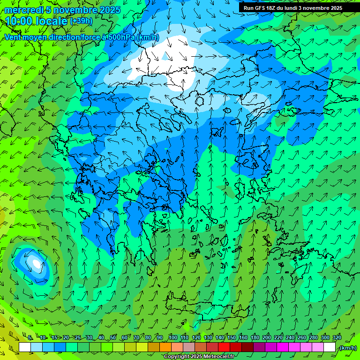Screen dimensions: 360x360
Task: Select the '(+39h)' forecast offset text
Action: [x=81, y=21]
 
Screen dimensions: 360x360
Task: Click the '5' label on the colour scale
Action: [x=30, y=338]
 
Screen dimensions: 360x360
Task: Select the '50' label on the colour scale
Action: [x=112, y=338]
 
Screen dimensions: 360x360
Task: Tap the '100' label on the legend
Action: [x=172, y=338]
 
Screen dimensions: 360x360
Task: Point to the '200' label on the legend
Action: [x=267, y=338]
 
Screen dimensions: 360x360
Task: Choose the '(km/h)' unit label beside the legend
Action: [x=348, y=348]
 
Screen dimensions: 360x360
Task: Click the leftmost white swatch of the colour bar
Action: [x=25, y=347]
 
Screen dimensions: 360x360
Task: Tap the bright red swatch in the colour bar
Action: [x=224, y=347]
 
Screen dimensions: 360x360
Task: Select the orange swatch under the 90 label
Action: [x=165, y=347]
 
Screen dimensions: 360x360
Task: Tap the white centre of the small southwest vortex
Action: [x=36, y=263]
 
